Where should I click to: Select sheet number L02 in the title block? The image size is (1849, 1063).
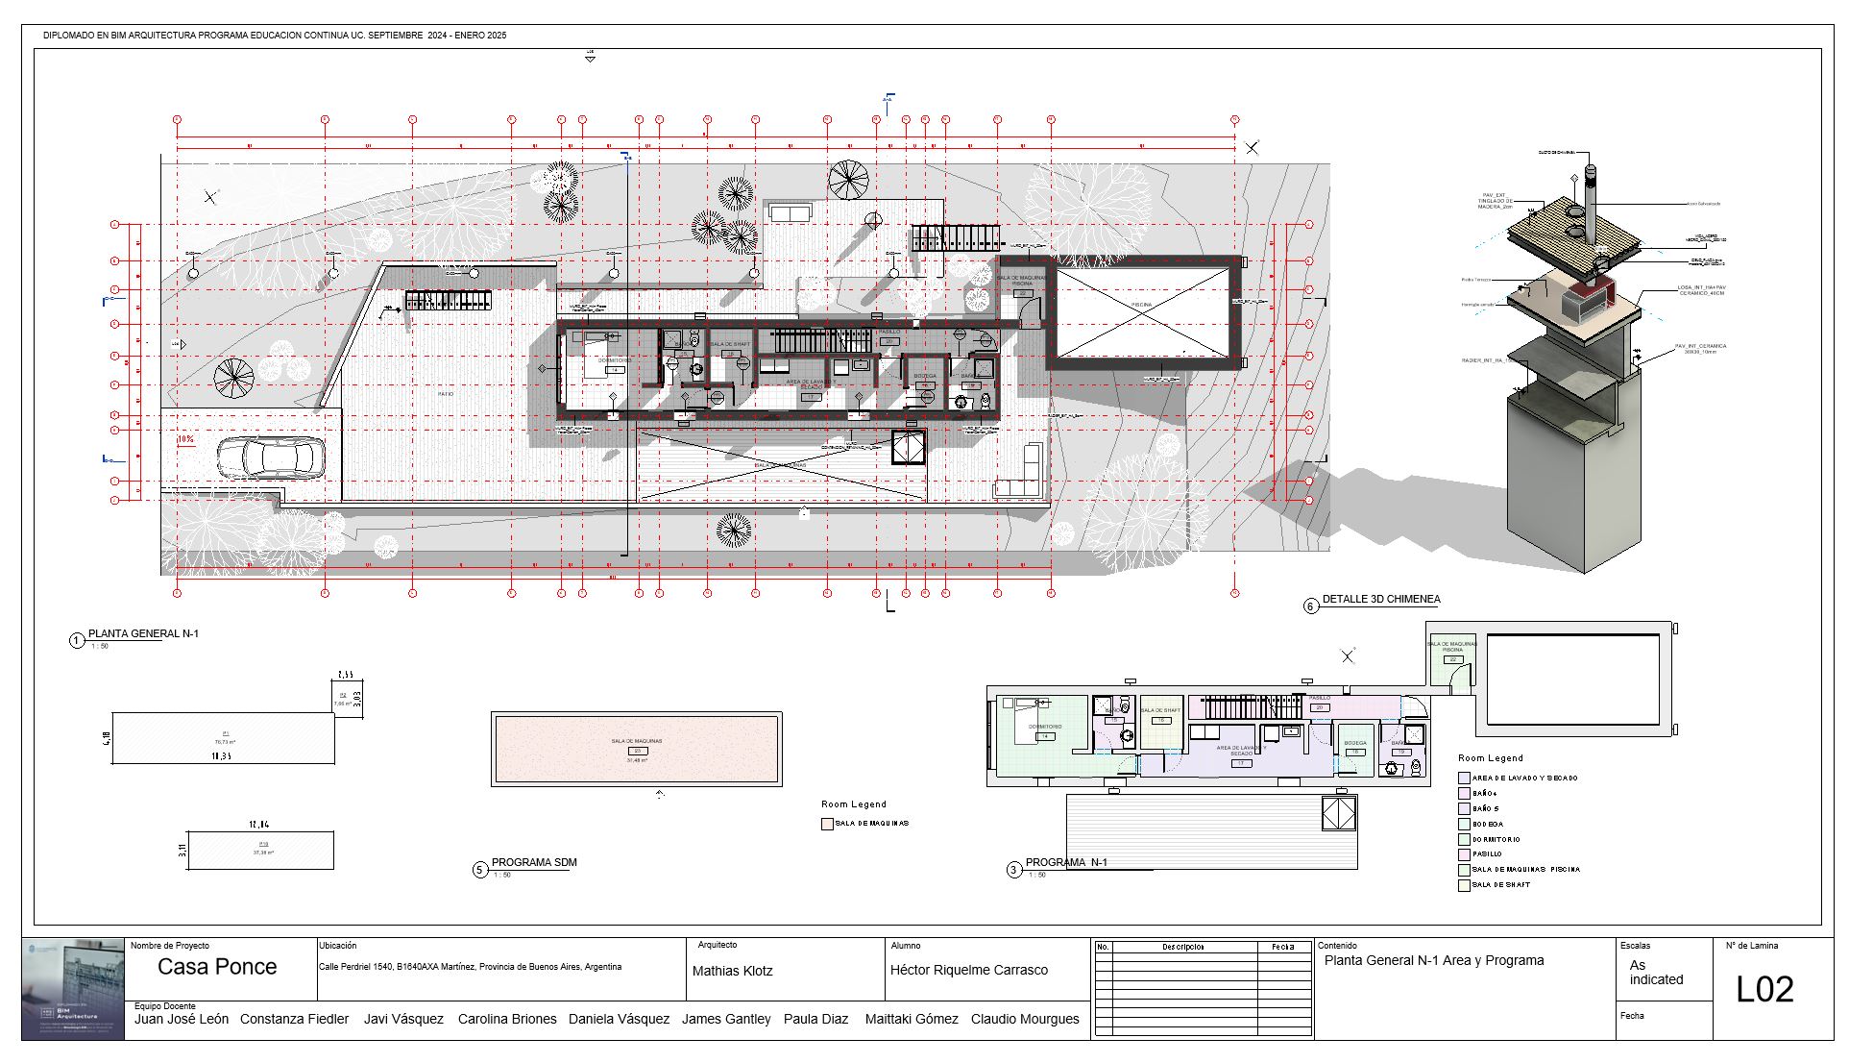click(x=1764, y=989)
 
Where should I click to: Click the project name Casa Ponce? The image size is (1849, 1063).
click(x=217, y=967)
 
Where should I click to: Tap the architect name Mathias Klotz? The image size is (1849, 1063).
click(x=732, y=971)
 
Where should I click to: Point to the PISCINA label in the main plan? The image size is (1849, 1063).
click(x=1141, y=305)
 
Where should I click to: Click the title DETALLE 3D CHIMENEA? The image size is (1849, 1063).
click(x=1380, y=599)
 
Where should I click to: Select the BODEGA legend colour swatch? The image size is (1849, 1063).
click(x=1464, y=824)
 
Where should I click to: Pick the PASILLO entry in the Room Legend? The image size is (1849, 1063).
click(x=1487, y=853)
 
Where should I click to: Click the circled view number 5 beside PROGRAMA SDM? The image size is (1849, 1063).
click(x=480, y=870)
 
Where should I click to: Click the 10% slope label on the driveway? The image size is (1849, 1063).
click(x=186, y=439)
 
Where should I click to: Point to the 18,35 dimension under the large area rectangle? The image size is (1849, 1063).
click(x=221, y=756)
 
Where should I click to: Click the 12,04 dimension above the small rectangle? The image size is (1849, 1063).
click(x=259, y=825)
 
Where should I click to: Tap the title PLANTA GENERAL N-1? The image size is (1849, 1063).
click(x=143, y=633)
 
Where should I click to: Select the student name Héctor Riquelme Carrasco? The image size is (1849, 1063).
click(x=968, y=970)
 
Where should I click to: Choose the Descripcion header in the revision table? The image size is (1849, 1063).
click(x=1182, y=947)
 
